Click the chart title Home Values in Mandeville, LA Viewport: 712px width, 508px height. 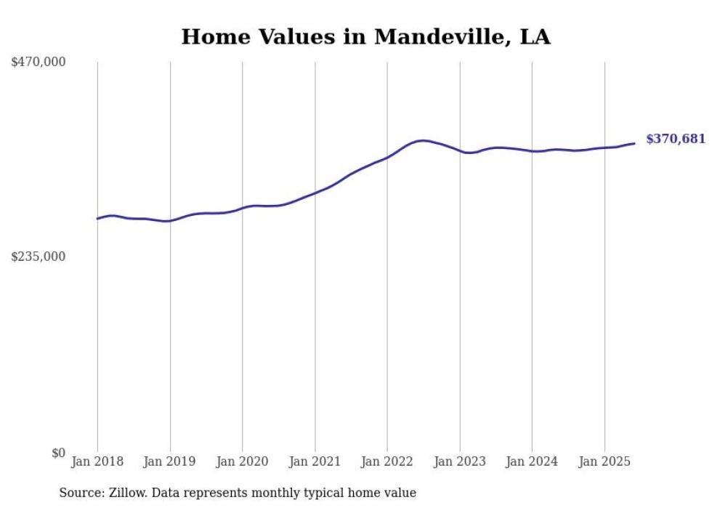pyautogui.click(x=365, y=36)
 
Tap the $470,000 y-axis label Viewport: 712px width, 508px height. pyautogui.click(x=39, y=63)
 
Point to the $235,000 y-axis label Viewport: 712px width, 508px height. pyautogui.click(x=39, y=257)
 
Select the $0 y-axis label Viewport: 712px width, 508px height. pyautogui.click(x=58, y=453)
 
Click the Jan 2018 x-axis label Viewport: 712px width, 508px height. pyautogui.click(x=97, y=461)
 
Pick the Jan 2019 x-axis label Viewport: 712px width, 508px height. pyautogui.click(x=170, y=461)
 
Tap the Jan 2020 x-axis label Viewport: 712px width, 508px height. pyautogui.click(x=243, y=461)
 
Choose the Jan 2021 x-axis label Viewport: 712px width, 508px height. pyautogui.click(x=315, y=461)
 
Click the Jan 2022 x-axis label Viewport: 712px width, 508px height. pyautogui.click(x=387, y=461)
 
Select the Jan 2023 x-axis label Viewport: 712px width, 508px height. pyautogui.click(x=460, y=461)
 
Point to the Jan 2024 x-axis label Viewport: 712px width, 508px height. pyautogui.click(x=532, y=461)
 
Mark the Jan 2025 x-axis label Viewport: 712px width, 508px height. pyautogui.click(x=604, y=461)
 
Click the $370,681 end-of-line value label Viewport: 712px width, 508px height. pyautogui.click(x=676, y=139)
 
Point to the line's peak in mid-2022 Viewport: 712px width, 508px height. pyautogui.click(x=423, y=140)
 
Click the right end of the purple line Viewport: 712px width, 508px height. pyautogui.click(x=634, y=143)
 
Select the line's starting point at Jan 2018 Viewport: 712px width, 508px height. pyautogui.click(x=97, y=219)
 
